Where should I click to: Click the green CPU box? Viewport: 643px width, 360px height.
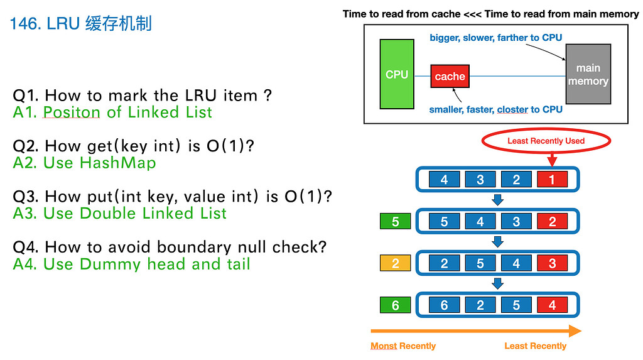(x=397, y=74)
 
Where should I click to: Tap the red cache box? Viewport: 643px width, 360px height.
(x=450, y=77)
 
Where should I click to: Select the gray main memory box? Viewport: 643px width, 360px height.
(x=588, y=74)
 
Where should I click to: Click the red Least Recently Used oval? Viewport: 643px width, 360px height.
(x=546, y=141)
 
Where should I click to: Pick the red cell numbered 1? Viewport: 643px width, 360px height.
(x=552, y=180)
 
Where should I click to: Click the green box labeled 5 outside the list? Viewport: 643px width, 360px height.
(x=396, y=222)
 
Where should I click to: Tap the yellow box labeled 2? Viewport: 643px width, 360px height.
(x=396, y=264)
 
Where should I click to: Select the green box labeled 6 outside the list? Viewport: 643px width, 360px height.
(x=396, y=305)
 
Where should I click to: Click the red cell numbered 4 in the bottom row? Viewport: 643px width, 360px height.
(x=552, y=305)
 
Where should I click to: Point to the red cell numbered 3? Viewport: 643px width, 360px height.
(x=552, y=264)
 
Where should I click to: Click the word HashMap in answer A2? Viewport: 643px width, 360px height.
(x=117, y=163)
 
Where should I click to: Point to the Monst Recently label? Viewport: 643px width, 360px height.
(x=403, y=346)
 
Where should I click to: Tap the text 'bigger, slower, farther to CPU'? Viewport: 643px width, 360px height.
(x=495, y=38)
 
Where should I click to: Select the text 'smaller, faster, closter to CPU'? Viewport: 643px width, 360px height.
(x=495, y=109)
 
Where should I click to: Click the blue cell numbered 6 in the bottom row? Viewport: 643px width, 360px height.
(x=445, y=305)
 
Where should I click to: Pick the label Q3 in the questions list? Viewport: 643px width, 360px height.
(x=26, y=197)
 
